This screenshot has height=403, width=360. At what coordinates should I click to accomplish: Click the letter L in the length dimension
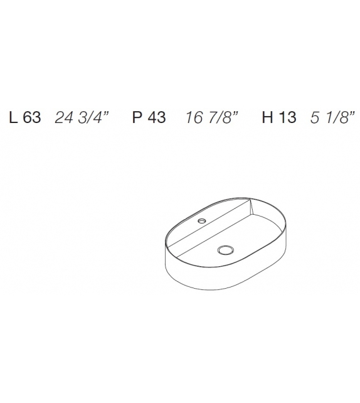(13, 118)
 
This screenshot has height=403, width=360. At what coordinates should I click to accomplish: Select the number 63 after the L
(31, 118)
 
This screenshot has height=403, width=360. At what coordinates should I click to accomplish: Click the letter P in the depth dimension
(137, 118)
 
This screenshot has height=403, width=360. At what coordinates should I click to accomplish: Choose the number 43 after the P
(156, 118)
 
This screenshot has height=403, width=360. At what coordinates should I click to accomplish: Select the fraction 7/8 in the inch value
(221, 118)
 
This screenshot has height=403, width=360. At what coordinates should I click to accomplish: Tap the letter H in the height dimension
(267, 118)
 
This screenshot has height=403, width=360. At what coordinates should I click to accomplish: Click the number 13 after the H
(287, 118)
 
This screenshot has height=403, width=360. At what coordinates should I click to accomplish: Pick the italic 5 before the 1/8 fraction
(315, 118)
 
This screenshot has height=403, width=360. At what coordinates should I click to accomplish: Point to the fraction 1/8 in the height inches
(336, 118)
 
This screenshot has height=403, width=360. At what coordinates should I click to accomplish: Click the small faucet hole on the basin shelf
(203, 221)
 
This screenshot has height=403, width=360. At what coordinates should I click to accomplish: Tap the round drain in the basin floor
(224, 250)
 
